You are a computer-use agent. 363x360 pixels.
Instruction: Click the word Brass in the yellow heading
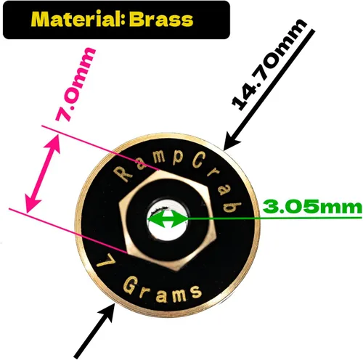coord(161,19)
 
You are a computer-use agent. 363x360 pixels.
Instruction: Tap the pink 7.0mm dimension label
coord(76,84)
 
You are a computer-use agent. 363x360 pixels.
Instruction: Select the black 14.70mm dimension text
coord(269,65)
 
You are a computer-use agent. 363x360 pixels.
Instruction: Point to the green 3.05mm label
coord(312,207)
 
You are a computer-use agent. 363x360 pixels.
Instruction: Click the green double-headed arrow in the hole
coord(167,219)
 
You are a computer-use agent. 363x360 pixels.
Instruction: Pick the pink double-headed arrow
coord(43,173)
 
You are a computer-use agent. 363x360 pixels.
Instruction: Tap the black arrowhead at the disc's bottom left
coord(106,312)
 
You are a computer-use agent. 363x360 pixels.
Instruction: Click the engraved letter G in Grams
coord(131,285)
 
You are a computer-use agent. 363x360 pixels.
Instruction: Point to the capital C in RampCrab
coord(199,160)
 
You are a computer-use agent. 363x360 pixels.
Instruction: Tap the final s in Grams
coord(195,292)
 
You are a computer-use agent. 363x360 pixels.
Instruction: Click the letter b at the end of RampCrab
coord(232,207)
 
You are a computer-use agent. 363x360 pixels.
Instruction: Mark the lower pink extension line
coord(68,231)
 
